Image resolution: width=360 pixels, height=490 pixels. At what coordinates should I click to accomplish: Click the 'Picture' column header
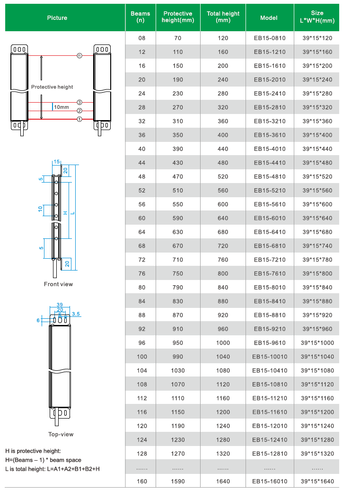57,18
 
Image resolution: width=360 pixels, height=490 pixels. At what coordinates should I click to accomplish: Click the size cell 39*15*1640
317,481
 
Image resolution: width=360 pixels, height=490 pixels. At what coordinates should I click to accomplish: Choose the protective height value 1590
177,481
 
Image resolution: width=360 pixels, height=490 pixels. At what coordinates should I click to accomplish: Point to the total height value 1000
223,343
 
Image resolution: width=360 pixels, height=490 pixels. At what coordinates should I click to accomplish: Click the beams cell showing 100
142,357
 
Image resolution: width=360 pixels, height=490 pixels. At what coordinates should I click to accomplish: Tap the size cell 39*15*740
317,246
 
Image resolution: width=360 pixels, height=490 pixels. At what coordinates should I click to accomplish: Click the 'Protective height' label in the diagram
52,87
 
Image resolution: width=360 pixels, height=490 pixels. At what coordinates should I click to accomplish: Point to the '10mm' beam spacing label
61,107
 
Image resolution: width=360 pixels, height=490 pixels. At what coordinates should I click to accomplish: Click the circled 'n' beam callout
79,55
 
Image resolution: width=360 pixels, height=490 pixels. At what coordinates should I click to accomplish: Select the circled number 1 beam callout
79,119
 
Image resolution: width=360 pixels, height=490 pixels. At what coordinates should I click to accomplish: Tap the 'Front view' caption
58,284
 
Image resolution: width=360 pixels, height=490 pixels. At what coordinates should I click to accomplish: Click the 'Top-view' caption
61,434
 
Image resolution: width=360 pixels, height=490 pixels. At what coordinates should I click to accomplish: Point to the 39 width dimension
60,305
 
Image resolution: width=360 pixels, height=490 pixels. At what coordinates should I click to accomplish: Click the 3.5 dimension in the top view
76,313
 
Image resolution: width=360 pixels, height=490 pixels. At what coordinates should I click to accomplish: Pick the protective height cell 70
177,38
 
